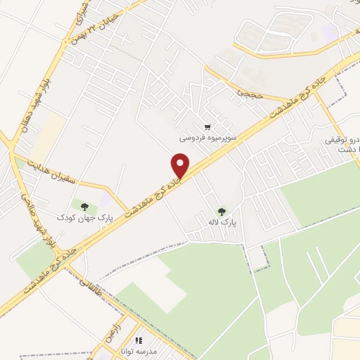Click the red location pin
pyautogui.click(x=181, y=166)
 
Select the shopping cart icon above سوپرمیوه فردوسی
pyautogui.click(x=207, y=127)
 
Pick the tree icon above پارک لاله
pyautogui.click(x=222, y=210)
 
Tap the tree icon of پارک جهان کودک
pyautogui.click(x=85, y=206)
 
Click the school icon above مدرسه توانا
pyautogui.click(x=139, y=340)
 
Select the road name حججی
pyautogui.click(x=248, y=92)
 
